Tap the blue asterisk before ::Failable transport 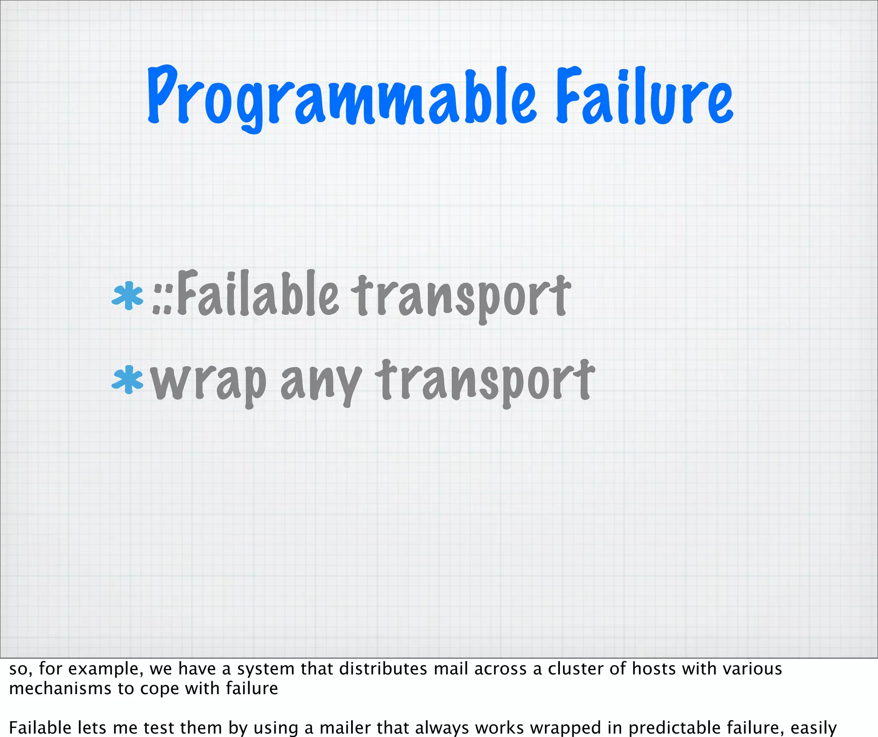click(x=127, y=296)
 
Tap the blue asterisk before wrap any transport click(x=127, y=379)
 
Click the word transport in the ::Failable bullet click(x=461, y=297)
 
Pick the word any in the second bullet click(x=321, y=382)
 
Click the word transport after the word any click(x=485, y=381)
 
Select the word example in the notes click(x=109, y=669)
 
